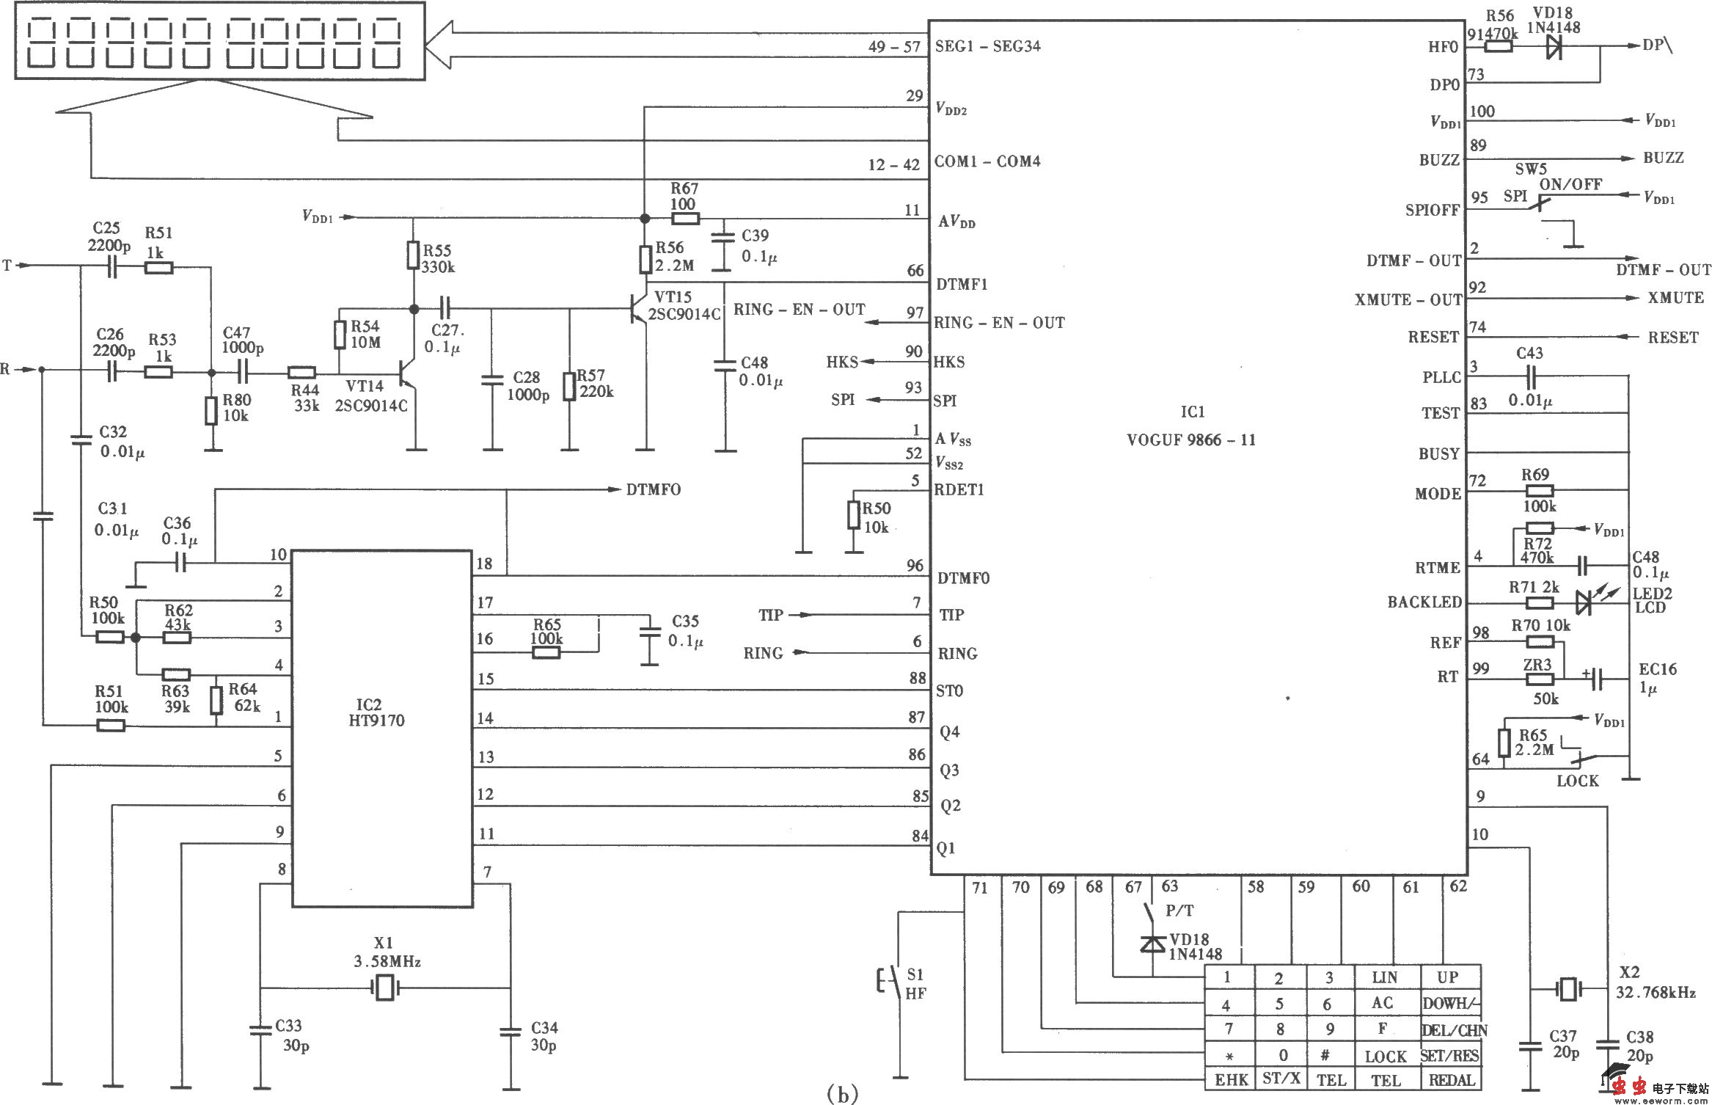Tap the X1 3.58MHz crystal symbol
click(x=385, y=988)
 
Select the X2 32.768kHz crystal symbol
click(x=1568, y=988)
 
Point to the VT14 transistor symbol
click(x=408, y=373)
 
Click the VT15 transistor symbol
click(x=639, y=310)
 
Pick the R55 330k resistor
click(x=414, y=256)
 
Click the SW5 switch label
click(x=1531, y=169)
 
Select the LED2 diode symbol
click(x=1584, y=603)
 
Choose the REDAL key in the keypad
click(x=1451, y=1079)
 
